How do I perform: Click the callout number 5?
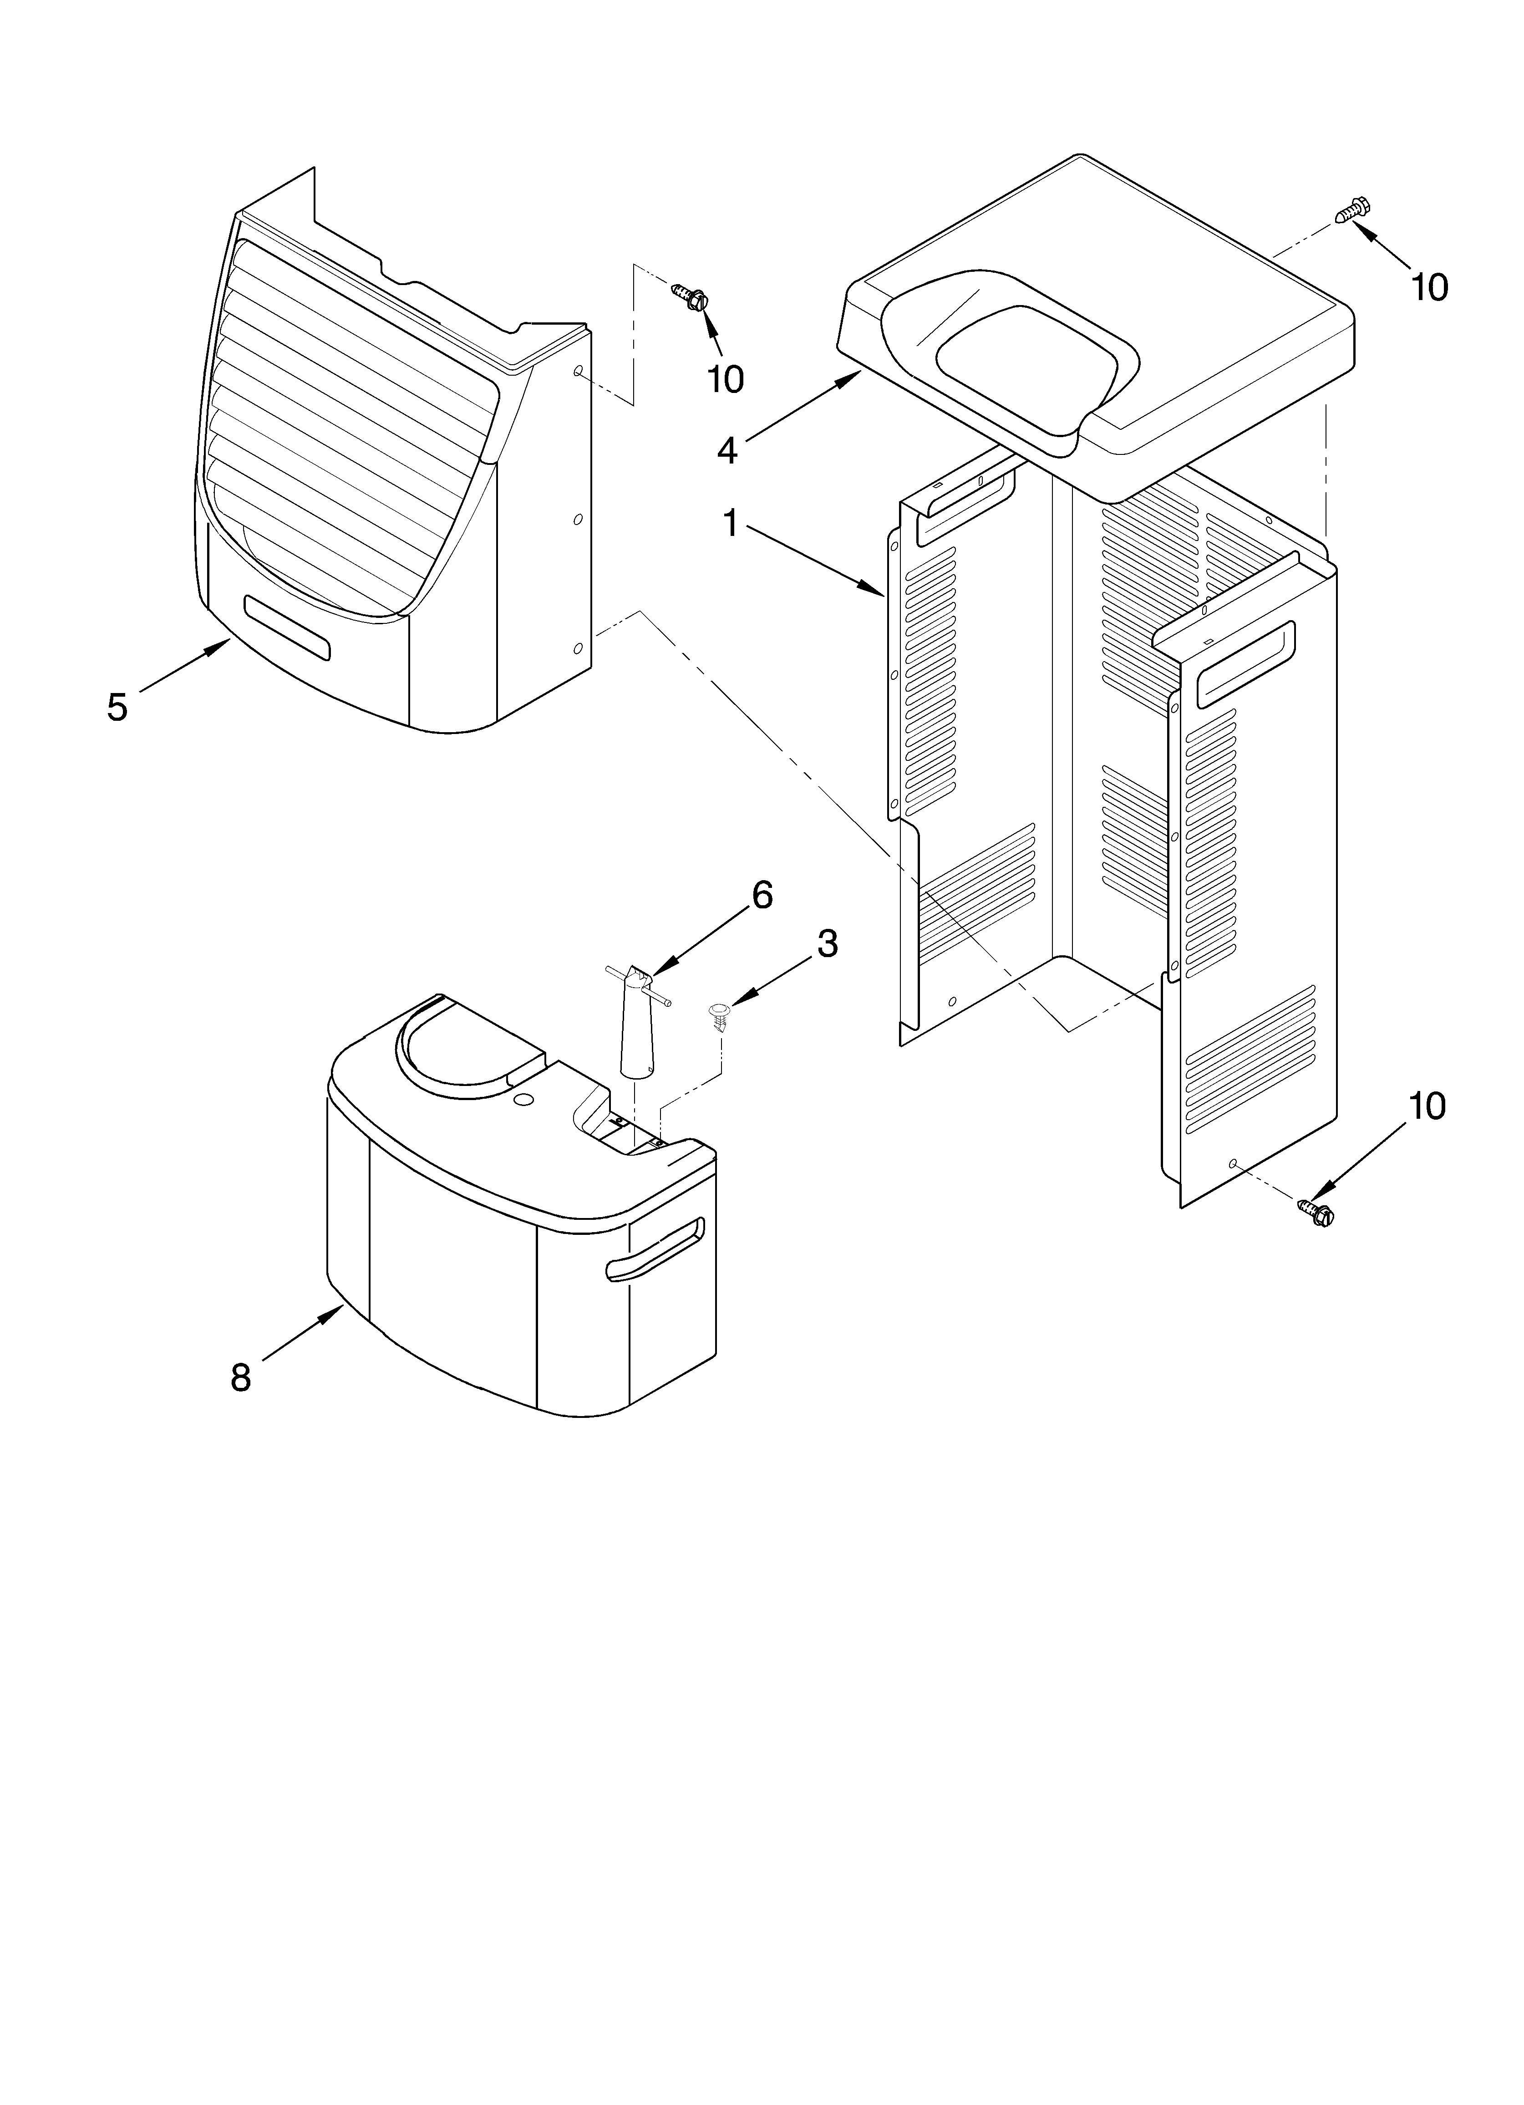tap(117, 707)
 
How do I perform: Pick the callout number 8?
tap(240, 1377)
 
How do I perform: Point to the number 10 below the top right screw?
tap(1429, 289)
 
